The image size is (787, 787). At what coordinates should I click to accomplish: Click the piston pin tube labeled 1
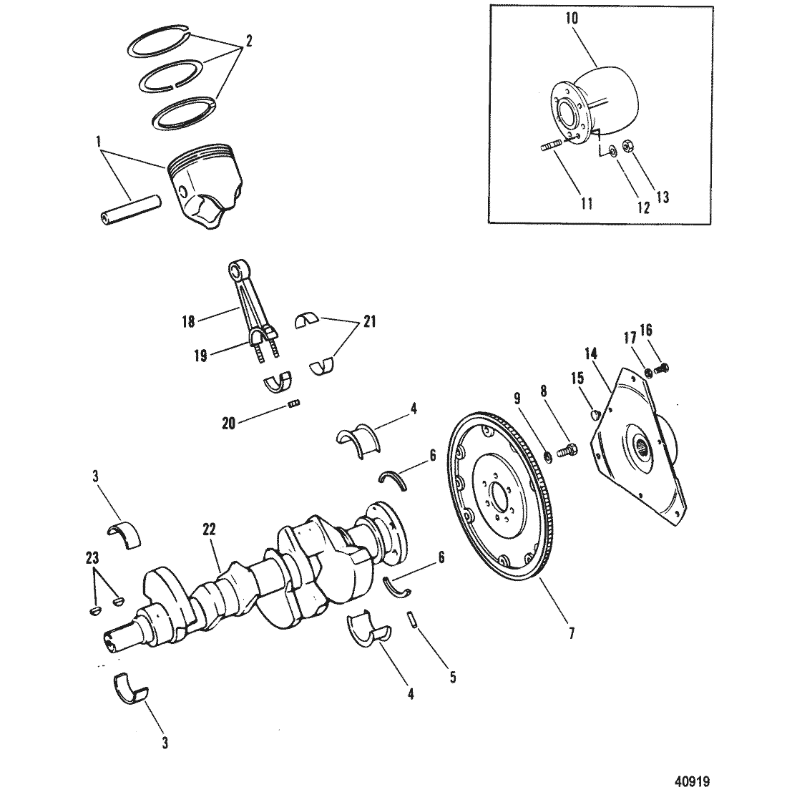129,210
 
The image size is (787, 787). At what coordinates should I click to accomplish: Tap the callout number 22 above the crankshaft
209,529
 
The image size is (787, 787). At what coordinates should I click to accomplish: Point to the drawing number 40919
691,781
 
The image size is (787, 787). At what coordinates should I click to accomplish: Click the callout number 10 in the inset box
572,19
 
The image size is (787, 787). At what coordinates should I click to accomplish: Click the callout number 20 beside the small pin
229,424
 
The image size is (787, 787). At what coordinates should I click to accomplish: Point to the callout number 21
369,321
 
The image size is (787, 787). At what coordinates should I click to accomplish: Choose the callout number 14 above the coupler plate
591,354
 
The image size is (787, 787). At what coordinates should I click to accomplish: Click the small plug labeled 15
594,414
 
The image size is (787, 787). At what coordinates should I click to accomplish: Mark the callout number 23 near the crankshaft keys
92,557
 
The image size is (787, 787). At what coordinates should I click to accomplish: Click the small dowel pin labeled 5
413,620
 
